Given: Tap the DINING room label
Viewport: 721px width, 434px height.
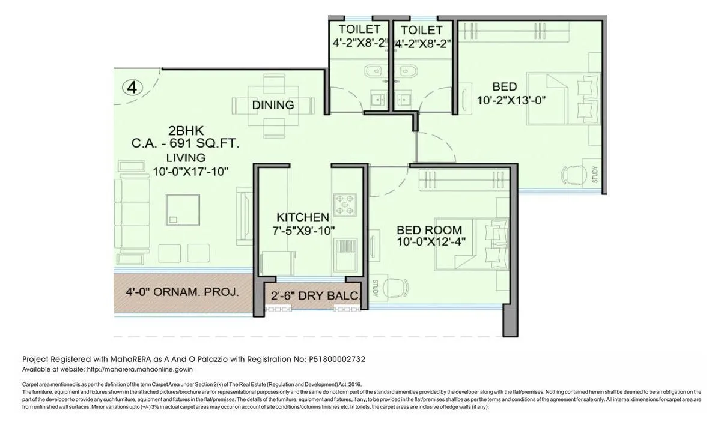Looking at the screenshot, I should pyautogui.click(x=273, y=105).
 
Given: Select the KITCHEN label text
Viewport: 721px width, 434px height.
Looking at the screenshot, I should pyautogui.click(x=302, y=217).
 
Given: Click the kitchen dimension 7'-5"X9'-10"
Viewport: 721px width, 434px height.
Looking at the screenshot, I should pyautogui.click(x=303, y=231).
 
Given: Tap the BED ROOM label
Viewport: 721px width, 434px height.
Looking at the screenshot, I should pyautogui.click(x=429, y=229).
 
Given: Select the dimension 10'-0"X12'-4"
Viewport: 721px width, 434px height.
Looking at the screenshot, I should pyautogui.click(x=431, y=242).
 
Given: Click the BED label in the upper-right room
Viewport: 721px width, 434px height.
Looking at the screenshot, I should pyautogui.click(x=504, y=87).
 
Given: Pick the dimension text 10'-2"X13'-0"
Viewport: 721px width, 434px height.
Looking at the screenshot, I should pyautogui.click(x=511, y=101).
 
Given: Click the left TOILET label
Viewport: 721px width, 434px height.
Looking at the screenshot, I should pyautogui.click(x=359, y=29).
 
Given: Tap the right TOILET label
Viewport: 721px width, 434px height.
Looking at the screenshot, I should pyautogui.click(x=421, y=30).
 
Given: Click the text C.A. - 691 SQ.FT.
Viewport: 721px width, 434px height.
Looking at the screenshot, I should pyautogui.click(x=186, y=143).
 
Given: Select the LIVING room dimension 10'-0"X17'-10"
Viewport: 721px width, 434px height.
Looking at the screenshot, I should pyautogui.click(x=190, y=172).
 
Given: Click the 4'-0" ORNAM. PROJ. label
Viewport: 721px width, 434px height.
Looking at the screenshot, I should pyautogui.click(x=182, y=292).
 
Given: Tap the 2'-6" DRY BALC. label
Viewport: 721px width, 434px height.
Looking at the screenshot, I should pyautogui.click(x=315, y=296).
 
